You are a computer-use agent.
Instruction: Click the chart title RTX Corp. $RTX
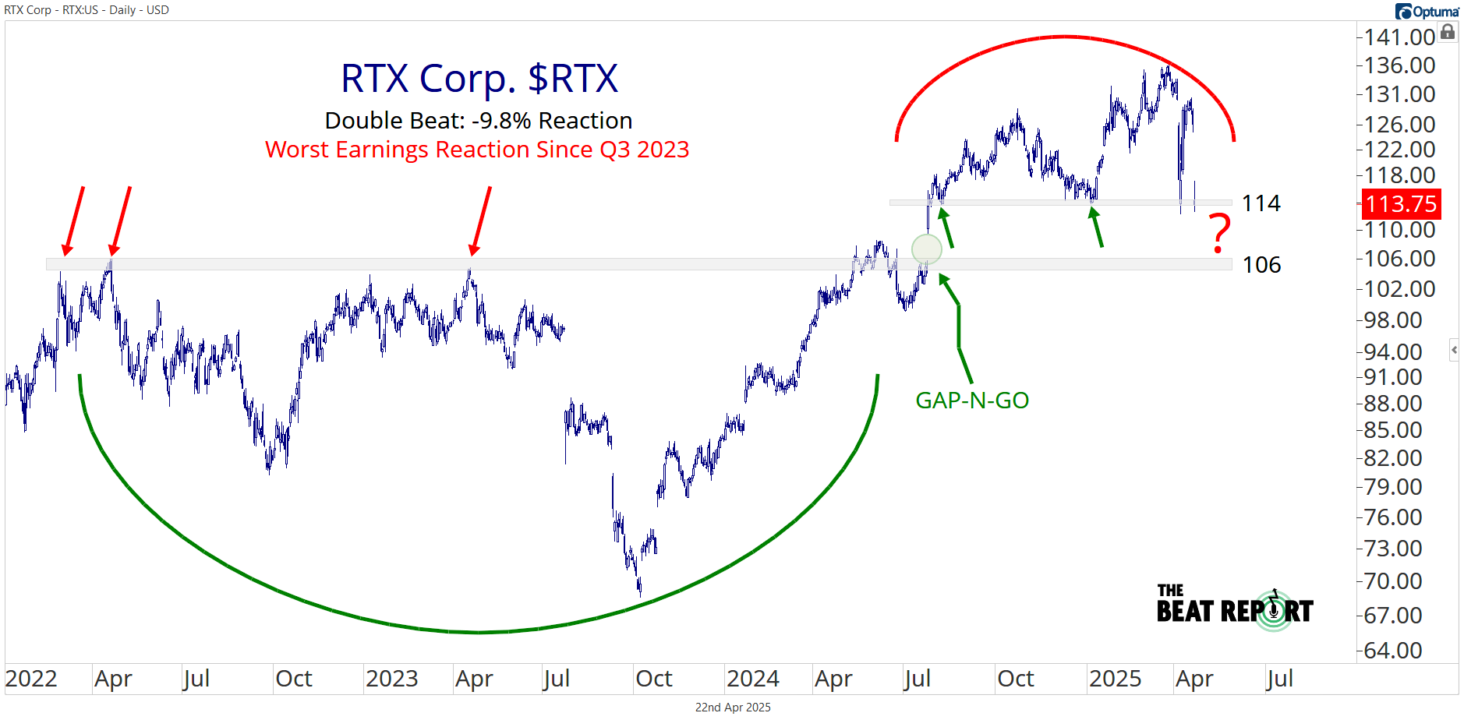click(x=479, y=79)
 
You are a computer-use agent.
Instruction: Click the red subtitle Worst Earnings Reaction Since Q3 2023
click(x=477, y=149)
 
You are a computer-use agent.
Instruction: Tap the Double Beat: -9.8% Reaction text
click(x=478, y=121)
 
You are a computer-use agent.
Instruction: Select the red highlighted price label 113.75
click(x=1401, y=204)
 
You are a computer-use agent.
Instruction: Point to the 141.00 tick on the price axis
click(x=1399, y=37)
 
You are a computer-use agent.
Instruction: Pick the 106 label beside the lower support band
click(x=1261, y=265)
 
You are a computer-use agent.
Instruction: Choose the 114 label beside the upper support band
click(x=1261, y=203)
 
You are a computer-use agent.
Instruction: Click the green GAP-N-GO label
click(x=972, y=401)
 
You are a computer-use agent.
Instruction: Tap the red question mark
click(x=1220, y=233)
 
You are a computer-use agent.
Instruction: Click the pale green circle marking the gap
click(x=926, y=249)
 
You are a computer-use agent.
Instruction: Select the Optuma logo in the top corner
click(x=1427, y=11)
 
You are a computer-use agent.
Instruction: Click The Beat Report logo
click(x=1235, y=607)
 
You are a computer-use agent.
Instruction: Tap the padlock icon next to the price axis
click(x=1448, y=32)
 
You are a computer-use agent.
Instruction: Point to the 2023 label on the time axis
click(x=391, y=679)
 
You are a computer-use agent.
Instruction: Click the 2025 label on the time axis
click(x=1115, y=679)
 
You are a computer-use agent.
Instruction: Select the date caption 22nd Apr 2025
click(x=733, y=708)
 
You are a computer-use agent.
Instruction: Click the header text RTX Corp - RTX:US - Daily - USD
click(x=87, y=10)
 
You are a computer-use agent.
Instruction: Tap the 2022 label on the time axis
click(x=31, y=679)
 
